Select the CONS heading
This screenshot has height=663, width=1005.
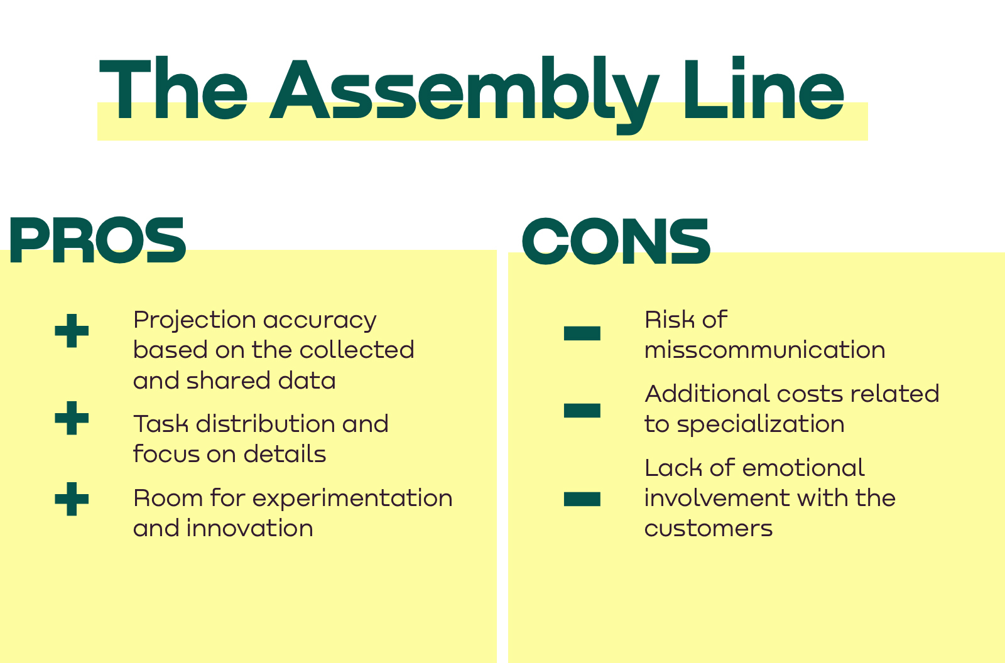click(616, 241)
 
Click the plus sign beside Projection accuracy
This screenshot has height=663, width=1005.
click(72, 331)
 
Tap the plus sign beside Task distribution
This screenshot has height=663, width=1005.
click(72, 418)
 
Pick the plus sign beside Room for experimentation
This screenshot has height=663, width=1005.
click(72, 499)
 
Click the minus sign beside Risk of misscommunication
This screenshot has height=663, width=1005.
click(582, 333)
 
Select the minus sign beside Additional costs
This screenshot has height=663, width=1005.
click(582, 411)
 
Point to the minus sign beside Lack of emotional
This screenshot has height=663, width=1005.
click(582, 499)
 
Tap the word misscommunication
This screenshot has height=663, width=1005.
click(765, 350)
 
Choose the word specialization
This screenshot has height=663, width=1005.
click(761, 425)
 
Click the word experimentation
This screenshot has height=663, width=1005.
click(352, 499)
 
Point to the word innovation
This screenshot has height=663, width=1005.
click(250, 528)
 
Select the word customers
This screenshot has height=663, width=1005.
click(709, 529)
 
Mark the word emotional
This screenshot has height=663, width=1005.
click(803, 468)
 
